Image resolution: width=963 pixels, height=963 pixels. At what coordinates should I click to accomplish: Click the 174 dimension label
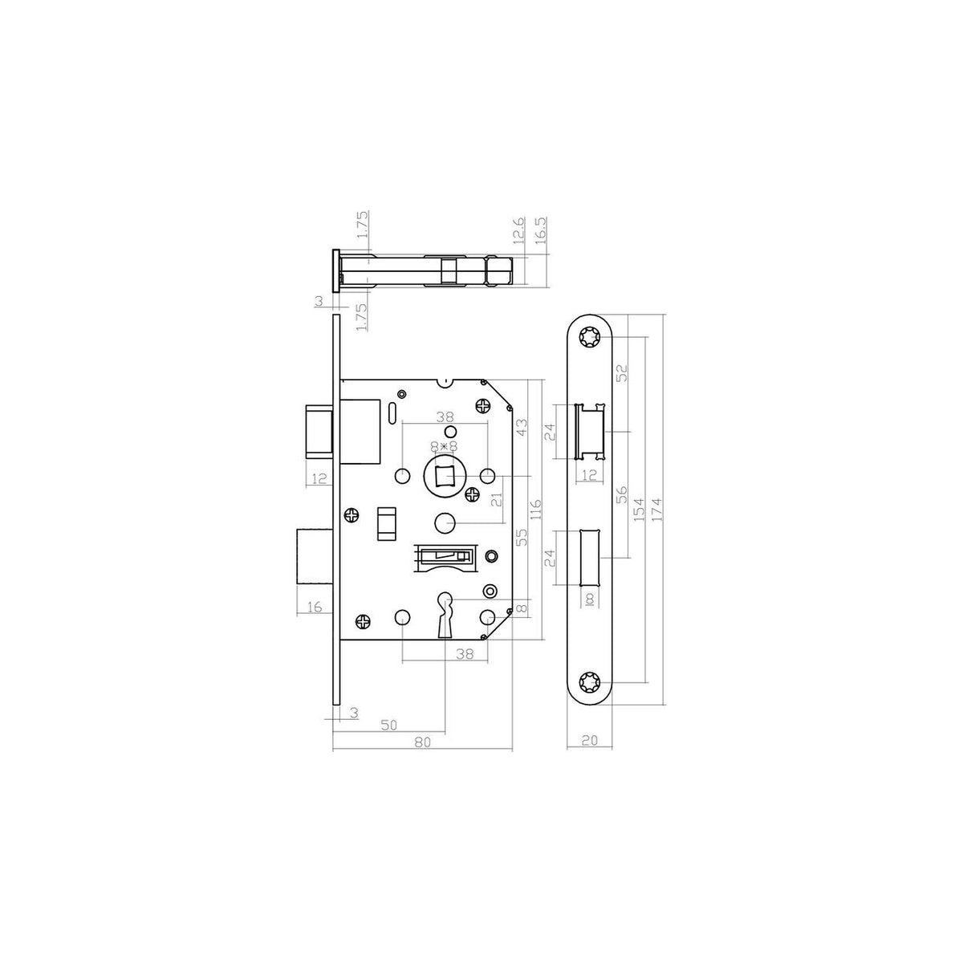[656, 510]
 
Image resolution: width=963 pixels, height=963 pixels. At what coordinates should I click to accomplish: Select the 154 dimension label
[639, 510]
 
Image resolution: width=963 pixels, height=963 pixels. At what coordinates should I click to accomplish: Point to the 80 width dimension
[422, 756]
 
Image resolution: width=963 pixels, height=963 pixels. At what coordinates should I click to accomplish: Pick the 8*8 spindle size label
[445, 445]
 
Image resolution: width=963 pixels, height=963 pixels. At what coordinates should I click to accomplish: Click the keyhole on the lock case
[445, 616]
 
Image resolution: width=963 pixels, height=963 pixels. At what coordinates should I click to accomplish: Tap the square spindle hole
[445, 475]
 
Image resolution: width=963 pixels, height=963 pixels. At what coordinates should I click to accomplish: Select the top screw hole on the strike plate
[590, 339]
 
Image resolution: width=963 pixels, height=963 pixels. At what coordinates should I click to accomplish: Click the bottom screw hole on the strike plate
[590, 681]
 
